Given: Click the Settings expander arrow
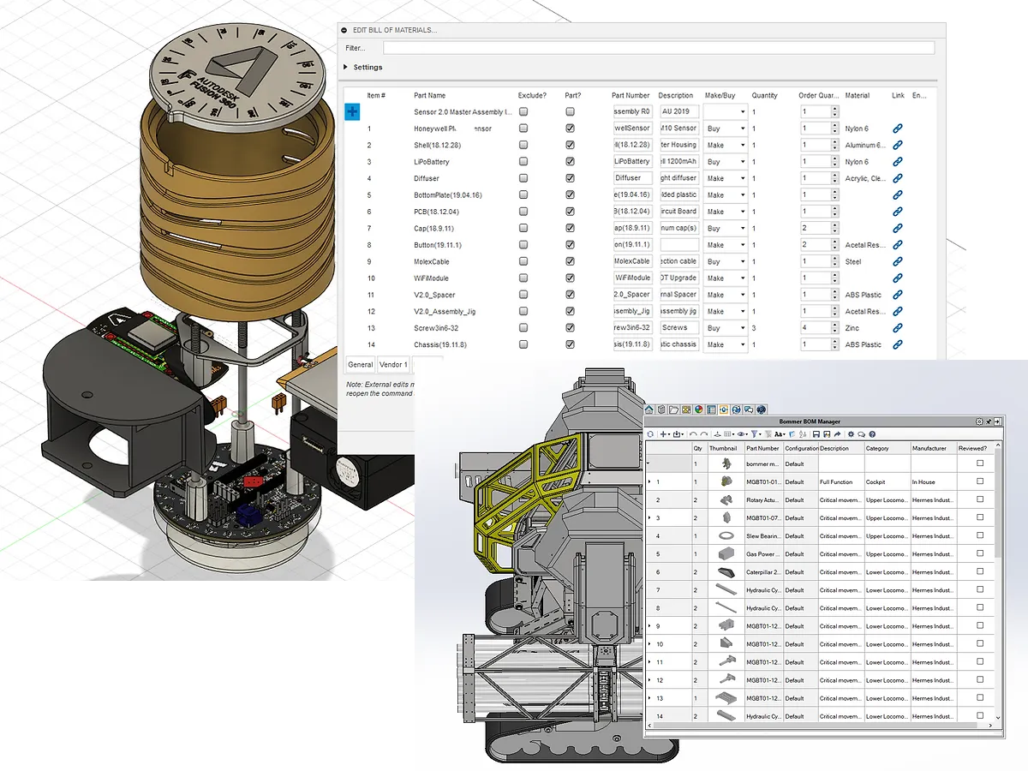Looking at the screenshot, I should pos(346,67).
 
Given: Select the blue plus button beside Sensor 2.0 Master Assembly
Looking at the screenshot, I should pos(352,111).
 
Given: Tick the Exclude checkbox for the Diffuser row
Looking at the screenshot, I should pos(523,178).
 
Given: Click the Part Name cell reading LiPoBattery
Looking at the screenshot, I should pos(432,162).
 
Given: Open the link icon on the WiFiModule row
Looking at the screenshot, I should pos(897,278).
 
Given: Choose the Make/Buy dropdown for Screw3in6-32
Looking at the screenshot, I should pos(725,328).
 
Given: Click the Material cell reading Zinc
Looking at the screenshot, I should pos(854,328).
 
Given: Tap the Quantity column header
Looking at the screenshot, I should pos(764,95).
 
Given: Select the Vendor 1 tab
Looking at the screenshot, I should pos(394,365).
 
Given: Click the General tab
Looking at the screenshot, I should pos(360,365).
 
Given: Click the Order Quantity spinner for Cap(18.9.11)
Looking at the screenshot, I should pos(834,229).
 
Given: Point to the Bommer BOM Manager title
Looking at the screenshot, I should pos(810,421).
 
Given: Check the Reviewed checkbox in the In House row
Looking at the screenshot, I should pos(980,482).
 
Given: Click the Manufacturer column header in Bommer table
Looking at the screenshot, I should pos(929,448).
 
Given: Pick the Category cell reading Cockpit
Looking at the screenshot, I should pos(876,482).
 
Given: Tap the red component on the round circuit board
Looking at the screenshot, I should pos(254,482).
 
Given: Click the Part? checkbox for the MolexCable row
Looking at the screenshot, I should pos(570,261).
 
